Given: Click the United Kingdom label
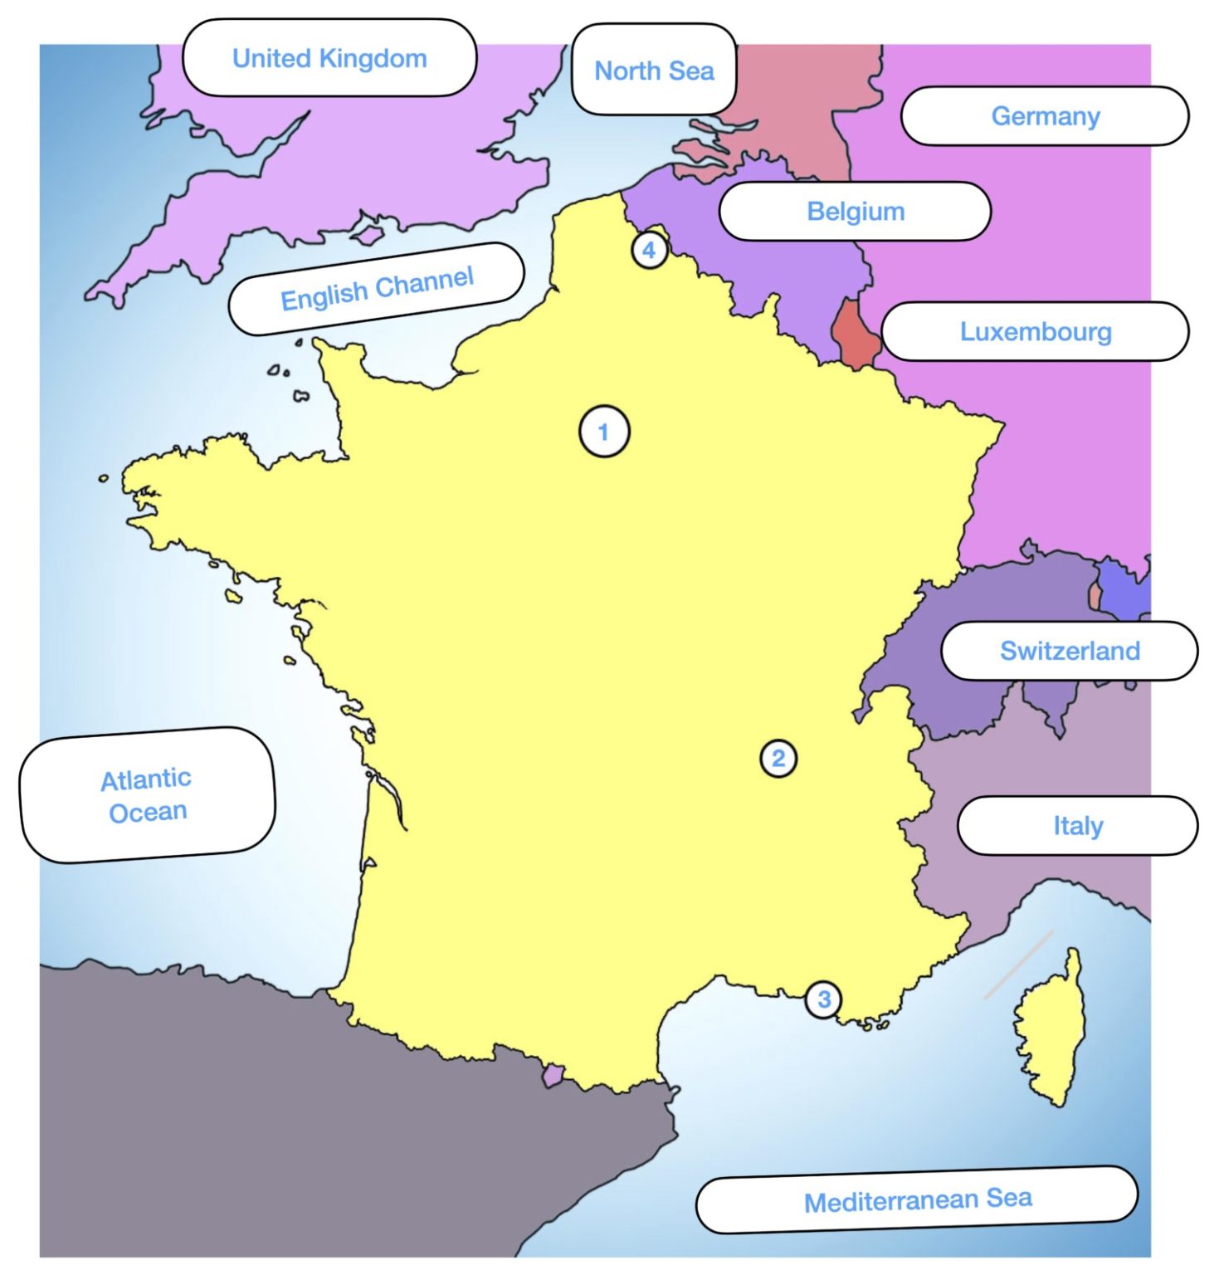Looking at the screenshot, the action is tap(329, 58).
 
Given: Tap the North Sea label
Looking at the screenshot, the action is tap(654, 71).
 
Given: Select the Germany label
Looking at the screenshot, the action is tap(1045, 116).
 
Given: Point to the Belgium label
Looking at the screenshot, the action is tap(856, 211).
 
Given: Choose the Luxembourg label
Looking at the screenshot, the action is tap(1035, 331).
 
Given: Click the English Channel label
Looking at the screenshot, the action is tap(377, 288).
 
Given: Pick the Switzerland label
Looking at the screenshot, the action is tap(1069, 651).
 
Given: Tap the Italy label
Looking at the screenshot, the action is tap(1077, 825).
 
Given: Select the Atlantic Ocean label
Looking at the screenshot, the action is tap(147, 795).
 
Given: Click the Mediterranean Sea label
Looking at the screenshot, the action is tap(917, 1200).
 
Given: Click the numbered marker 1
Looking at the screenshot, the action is tap(604, 432).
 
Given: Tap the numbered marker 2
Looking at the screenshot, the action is tap(778, 758).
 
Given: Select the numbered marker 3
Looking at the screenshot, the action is tap(823, 999).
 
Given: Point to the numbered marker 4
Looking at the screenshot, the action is tap(649, 249).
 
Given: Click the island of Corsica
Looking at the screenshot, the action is tap(1050, 1029).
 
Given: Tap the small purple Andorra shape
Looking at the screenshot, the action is tap(552, 1076).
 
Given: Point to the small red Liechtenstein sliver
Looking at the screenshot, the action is tap(1095, 595).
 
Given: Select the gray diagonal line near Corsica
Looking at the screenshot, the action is tap(1018, 964).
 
